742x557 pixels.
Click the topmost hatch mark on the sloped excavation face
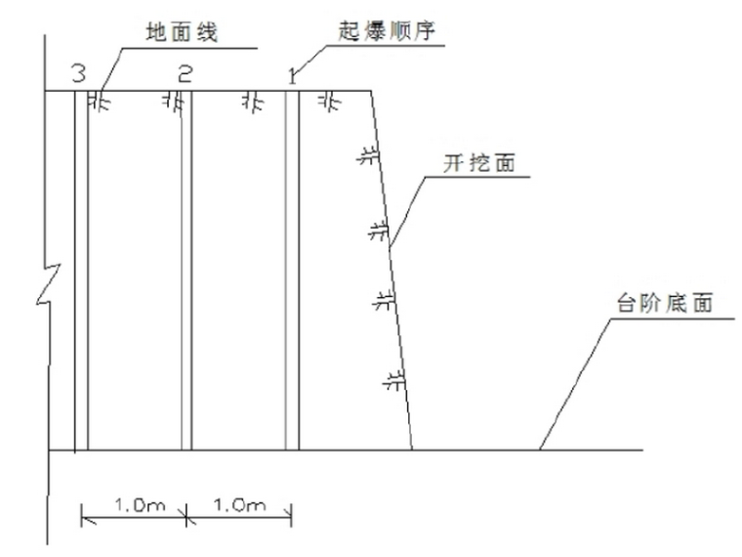366,156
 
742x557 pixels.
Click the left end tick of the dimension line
82,515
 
